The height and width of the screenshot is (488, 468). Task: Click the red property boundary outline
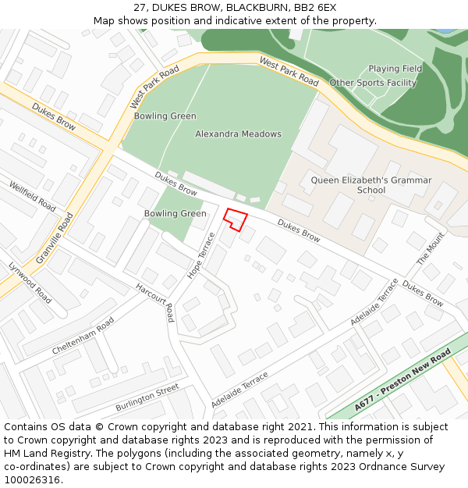236,219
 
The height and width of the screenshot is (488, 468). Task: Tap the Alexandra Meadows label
238,134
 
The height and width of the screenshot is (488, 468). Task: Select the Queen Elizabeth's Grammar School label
370,185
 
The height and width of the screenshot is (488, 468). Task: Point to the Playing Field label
395,69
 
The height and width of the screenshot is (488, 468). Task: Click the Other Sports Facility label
373,83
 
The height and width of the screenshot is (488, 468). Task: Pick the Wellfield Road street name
33,197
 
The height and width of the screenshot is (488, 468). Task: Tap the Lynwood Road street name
30,283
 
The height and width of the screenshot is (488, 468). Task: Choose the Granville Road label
54,238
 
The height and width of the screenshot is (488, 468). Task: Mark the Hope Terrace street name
201,255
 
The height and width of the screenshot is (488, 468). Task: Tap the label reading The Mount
431,248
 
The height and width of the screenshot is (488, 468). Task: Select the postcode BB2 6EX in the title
315,7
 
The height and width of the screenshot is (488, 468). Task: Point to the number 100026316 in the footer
32,480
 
